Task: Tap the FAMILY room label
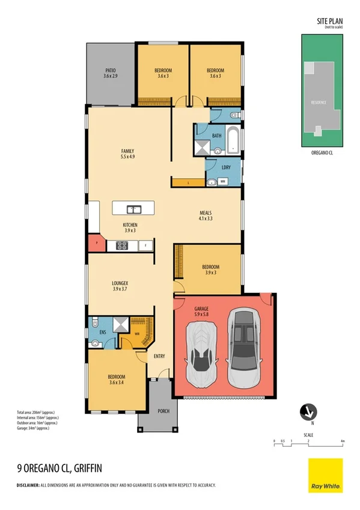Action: (x=127, y=151)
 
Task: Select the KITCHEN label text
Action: (x=130, y=224)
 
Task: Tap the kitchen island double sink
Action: (x=134, y=209)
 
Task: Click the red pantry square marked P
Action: (x=96, y=244)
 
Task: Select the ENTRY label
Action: (x=159, y=357)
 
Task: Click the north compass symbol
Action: (x=308, y=412)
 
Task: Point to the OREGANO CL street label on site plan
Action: (x=323, y=153)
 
